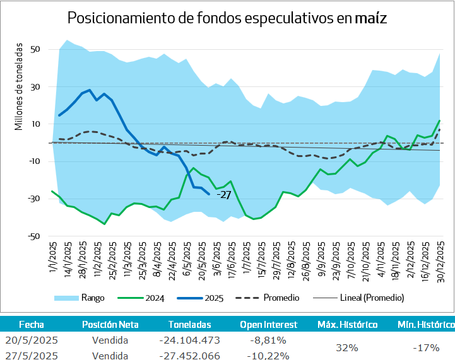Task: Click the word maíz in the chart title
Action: pos(370,18)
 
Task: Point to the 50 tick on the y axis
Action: pos(35,49)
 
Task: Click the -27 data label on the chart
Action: pos(225,195)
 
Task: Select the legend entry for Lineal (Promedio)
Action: pos(372,297)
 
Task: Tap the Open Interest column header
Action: pos(268,325)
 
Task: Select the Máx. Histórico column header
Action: pos(347,325)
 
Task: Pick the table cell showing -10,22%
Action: pos(268,356)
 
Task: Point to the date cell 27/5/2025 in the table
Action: pos(32,356)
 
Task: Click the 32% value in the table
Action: pos(347,348)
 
